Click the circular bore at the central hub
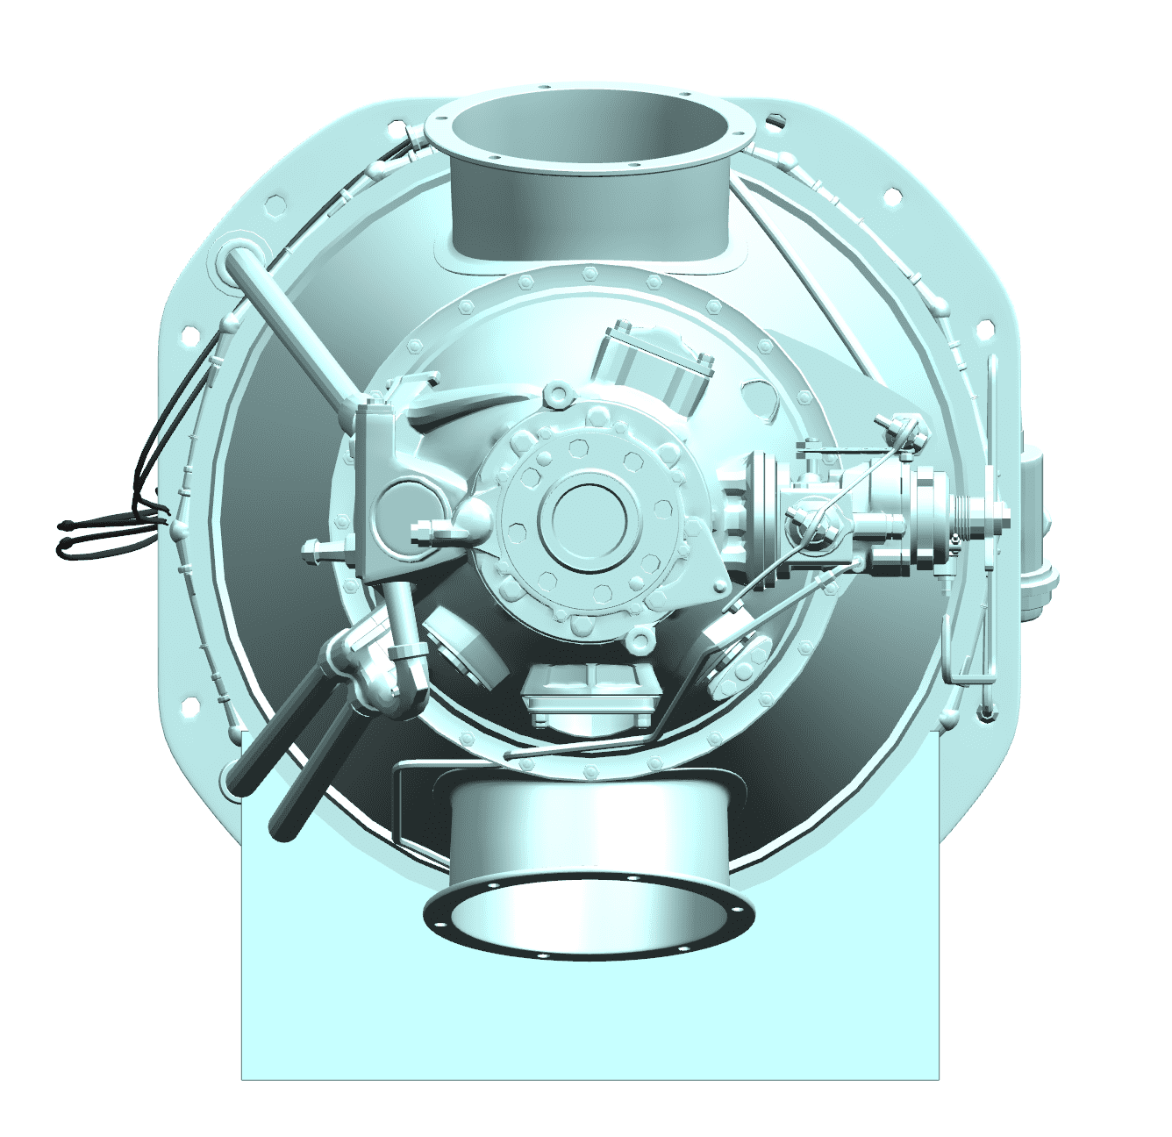(586, 520)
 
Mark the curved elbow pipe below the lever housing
(399, 667)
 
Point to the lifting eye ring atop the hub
(556, 396)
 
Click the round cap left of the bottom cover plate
(462, 649)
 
